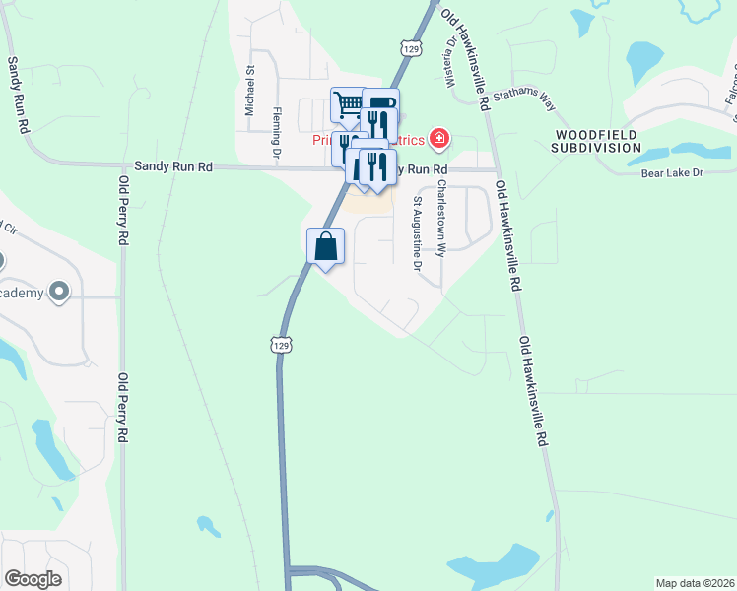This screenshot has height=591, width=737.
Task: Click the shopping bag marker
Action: (x=326, y=247)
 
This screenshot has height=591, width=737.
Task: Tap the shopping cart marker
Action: (x=348, y=103)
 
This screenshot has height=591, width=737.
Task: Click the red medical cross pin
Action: (x=438, y=137)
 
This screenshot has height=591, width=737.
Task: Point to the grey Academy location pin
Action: (x=58, y=291)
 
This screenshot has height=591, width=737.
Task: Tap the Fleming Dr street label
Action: (x=276, y=132)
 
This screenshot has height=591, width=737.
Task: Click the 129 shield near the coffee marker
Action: (x=411, y=47)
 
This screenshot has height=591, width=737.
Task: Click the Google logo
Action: (x=33, y=578)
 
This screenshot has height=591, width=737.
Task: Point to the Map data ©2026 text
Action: (x=695, y=583)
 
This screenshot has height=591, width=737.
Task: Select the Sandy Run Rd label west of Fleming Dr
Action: (x=173, y=167)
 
